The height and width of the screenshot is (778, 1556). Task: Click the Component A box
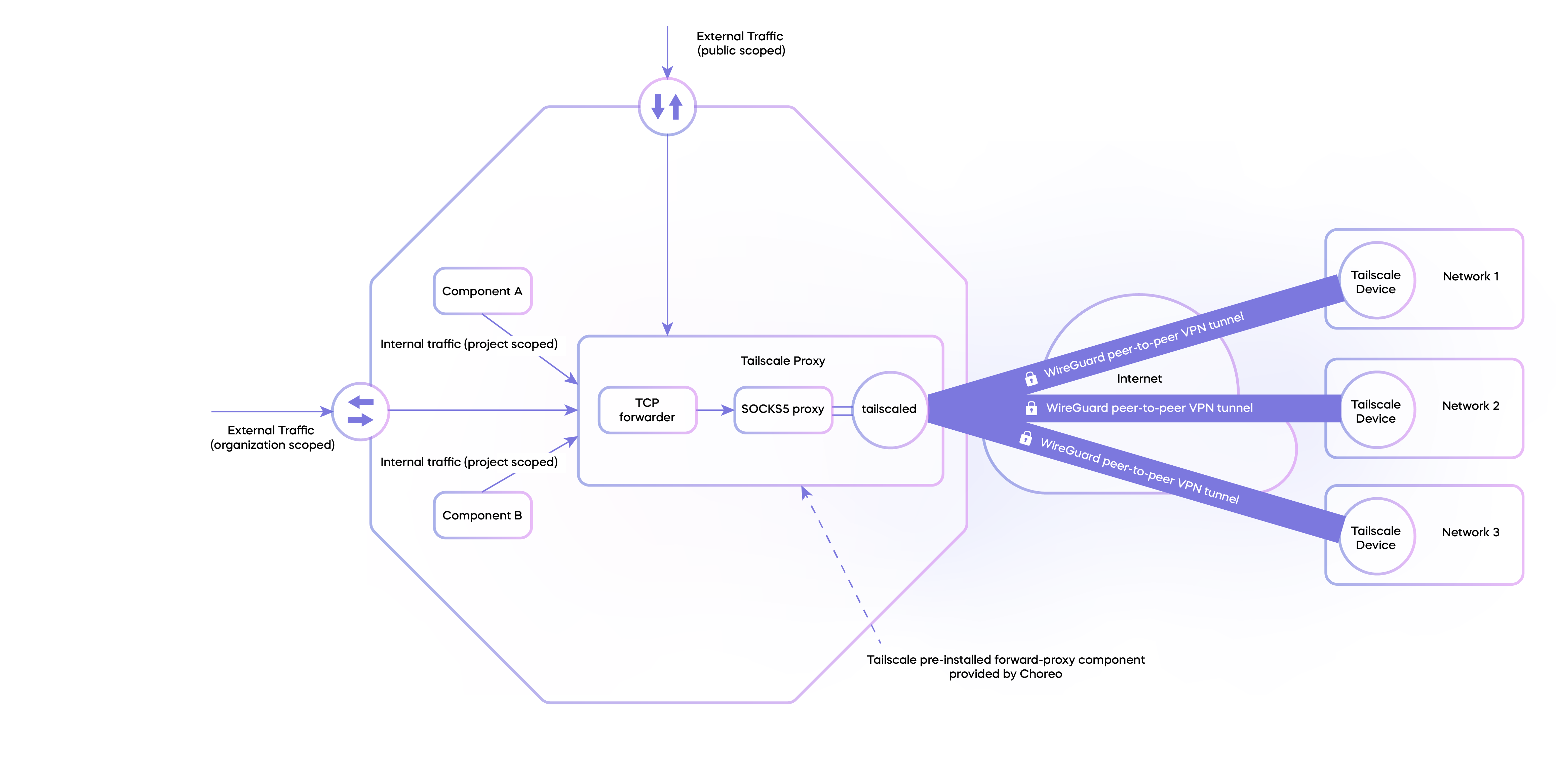point(482,291)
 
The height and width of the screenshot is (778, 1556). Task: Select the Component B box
point(482,515)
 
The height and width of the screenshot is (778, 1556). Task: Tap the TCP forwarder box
point(647,410)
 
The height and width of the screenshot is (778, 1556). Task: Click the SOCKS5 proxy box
point(782,410)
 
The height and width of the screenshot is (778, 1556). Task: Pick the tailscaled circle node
point(889,410)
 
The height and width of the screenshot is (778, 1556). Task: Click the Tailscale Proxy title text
point(782,361)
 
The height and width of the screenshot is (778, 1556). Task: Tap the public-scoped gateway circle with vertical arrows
point(667,107)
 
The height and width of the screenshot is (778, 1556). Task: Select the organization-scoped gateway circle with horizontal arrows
point(361,411)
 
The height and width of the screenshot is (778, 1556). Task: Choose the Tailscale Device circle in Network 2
point(1376,411)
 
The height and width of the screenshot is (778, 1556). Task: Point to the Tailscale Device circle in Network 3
point(1376,537)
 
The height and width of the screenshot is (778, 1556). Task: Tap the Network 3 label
point(1470,532)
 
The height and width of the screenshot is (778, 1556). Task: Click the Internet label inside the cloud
point(1139,379)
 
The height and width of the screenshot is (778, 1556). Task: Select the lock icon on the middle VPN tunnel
point(1031,408)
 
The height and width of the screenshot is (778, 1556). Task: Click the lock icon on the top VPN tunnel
point(1030,378)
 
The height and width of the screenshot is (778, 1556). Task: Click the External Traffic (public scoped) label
point(741,43)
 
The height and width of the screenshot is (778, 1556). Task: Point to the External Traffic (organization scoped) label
point(272,437)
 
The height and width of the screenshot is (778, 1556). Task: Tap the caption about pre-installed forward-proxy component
point(1005,666)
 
